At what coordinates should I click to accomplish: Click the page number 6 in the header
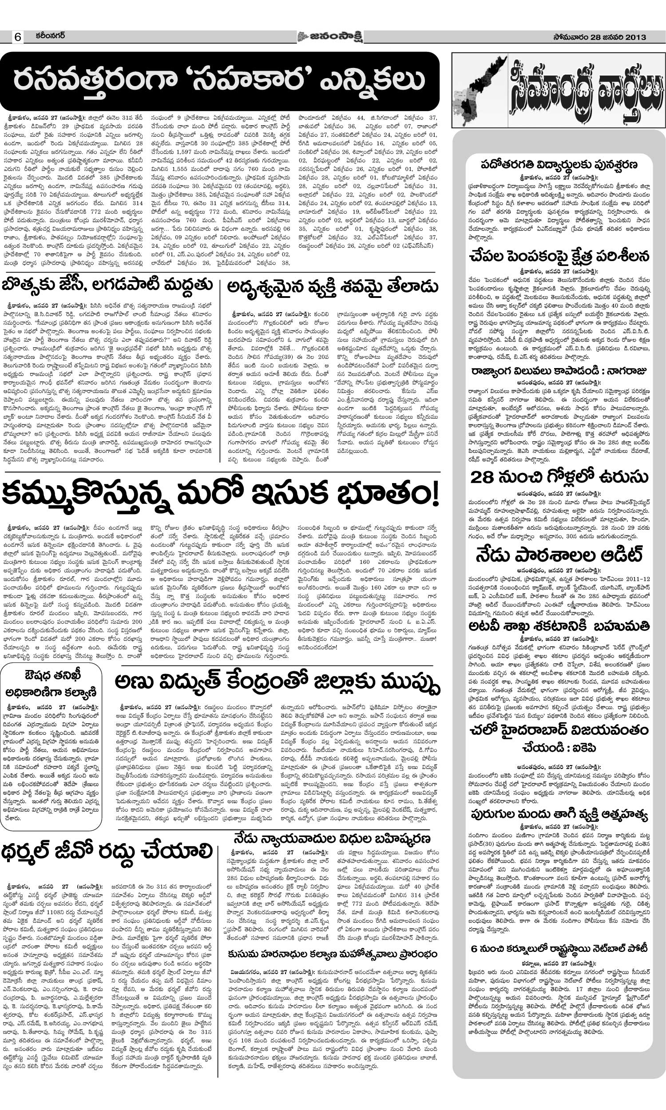(x=17, y=38)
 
